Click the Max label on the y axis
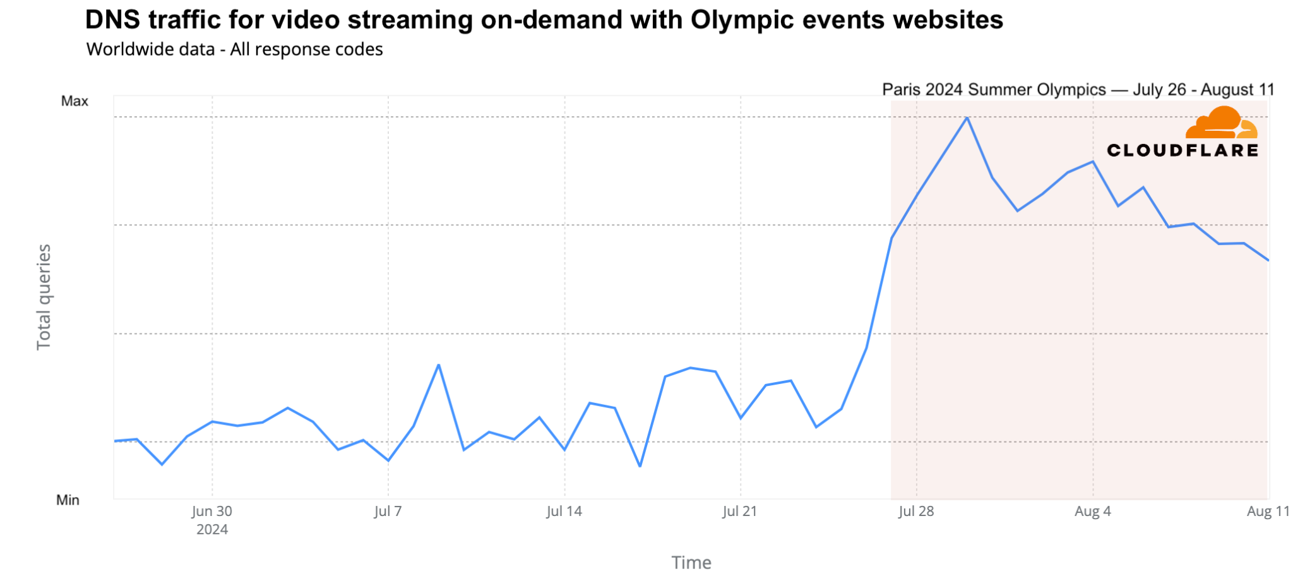coord(74,101)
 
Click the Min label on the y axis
coord(68,500)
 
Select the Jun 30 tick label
coord(212,512)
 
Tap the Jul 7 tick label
coord(388,512)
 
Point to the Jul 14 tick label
coord(564,512)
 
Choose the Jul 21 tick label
coord(739,512)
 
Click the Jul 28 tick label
coord(916,512)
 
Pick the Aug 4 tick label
coord(1092,512)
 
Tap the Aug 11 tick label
coord(1268,512)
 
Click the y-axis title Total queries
coord(44,297)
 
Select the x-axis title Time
coord(691,562)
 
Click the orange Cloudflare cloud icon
coord(1221,123)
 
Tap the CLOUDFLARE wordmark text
coord(1183,150)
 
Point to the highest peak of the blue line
coord(967,117)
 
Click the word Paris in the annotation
coord(902,90)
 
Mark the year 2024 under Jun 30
coord(212,529)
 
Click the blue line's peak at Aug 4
coord(1093,162)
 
